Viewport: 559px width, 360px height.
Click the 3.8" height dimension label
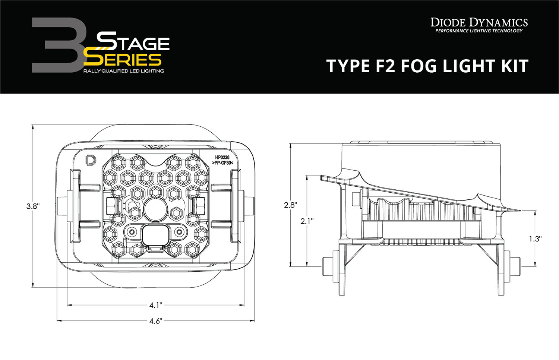tap(33, 206)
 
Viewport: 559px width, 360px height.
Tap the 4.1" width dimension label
tap(156, 306)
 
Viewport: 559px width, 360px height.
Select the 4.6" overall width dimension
tap(156, 321)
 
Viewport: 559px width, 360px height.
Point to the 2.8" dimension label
tap(290, 205)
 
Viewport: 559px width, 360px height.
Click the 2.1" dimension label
tap(307, 221)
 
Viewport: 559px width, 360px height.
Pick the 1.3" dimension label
tap(535, 239)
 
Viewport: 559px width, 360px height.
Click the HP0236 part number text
tap(222, 158)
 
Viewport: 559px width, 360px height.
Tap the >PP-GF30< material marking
tap(222, 163)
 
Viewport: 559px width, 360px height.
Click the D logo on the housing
tap(90, 160)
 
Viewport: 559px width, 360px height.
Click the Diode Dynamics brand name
tap(479, 22)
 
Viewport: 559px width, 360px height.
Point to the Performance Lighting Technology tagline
tap(479, 31)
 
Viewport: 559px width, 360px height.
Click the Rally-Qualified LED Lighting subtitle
tap(123, 71)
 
